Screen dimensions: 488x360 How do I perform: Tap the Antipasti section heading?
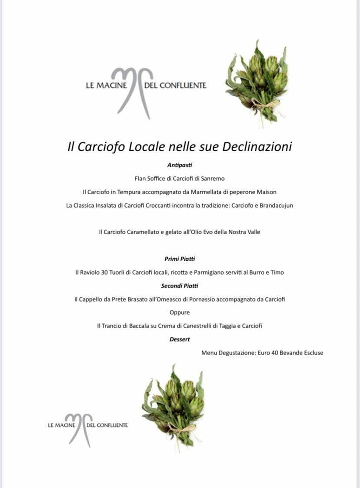click(180, 165)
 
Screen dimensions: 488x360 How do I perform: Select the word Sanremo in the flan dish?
click(213, 178)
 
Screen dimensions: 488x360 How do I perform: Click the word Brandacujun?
click(276, 205)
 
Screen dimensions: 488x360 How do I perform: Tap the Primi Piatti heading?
click(180, 259)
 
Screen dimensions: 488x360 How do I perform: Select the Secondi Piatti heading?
click(180, 286)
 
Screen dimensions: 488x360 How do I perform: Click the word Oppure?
click(180, 312)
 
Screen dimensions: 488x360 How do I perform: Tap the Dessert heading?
click(180, 339)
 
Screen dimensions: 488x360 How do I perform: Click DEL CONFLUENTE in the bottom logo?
click(107, 425)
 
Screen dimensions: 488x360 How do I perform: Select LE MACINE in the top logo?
click(107, 86)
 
